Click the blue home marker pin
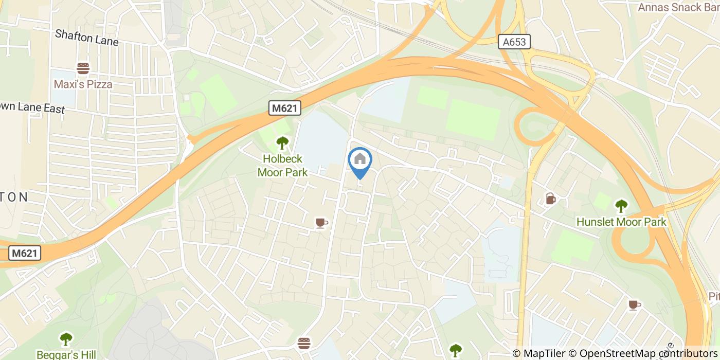click(x=360, y=160)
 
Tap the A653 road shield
click(x=514, y=42)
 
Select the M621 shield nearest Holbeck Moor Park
click(x=285, y=108)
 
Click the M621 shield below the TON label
click(x=25, y=253)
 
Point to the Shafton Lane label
click(x=87, y=38)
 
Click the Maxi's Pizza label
click(x=83, y=84)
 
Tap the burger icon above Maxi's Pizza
click(x=83, y=68)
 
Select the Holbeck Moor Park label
click(x=282, y=166)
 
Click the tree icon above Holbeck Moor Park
click(x=282, y=142)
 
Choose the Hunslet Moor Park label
click(x=621, y=222)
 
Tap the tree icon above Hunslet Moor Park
click(x=621, y=206)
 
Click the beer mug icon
click(x=550, y=199)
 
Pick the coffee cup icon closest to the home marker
click(x=321, y=223)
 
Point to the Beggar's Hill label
click(x=66, y=354)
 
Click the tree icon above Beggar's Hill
click(x=66, y=339)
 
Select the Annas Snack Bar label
click(x=677, y=7)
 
